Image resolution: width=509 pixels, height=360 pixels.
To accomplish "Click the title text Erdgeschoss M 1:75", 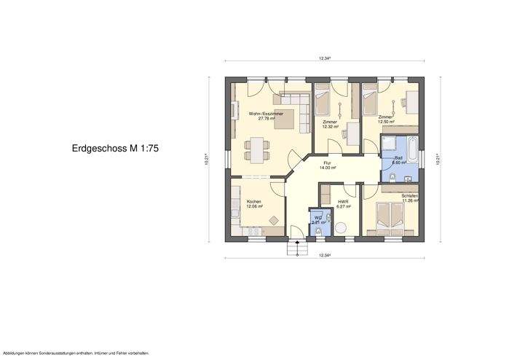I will [115, 148].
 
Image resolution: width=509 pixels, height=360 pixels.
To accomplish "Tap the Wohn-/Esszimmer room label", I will [265, 114].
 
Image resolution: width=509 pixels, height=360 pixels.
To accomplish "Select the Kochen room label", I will [254, 201].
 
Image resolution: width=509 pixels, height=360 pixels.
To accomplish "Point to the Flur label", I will [328, 163].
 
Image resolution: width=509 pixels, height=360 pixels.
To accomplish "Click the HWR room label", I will [343, 202].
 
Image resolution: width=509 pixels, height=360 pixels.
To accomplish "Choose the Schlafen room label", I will [409, 196].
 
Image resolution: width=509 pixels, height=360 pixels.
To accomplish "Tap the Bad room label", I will [398, 157].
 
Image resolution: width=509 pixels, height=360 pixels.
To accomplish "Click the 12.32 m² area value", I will [331, 127].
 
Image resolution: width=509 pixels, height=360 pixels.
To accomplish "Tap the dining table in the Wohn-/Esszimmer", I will [256, 145].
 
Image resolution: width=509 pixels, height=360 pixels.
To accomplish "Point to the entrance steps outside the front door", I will [296, 249].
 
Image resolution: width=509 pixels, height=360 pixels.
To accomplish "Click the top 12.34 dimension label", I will [325, 58].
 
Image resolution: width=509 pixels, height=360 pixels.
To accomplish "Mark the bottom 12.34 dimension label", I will [325, 255].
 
